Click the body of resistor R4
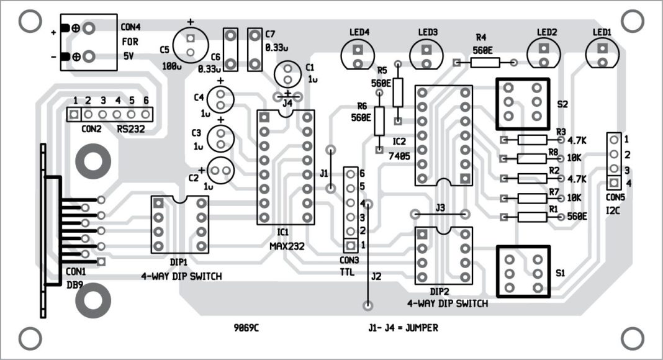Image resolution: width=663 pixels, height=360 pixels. click(x=485, y=62)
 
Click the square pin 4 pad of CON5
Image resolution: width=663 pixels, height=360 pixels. click(x=613, y=182)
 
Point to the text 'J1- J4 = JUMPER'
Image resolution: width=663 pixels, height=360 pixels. click(x=403, y=327)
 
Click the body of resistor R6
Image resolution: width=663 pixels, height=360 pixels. click(x=379, y=120)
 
